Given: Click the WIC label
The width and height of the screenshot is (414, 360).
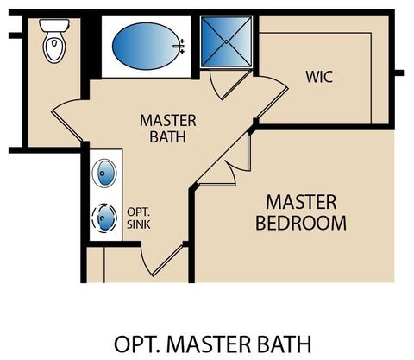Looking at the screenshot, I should click(318, 77).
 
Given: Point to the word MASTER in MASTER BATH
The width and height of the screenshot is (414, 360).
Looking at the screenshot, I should click(167, 120).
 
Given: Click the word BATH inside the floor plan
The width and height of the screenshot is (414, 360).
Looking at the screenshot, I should click(167, 136).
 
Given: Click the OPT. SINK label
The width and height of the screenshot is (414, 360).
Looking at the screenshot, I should click(139, 217).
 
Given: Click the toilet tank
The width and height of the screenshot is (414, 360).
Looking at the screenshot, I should click(53, 24).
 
